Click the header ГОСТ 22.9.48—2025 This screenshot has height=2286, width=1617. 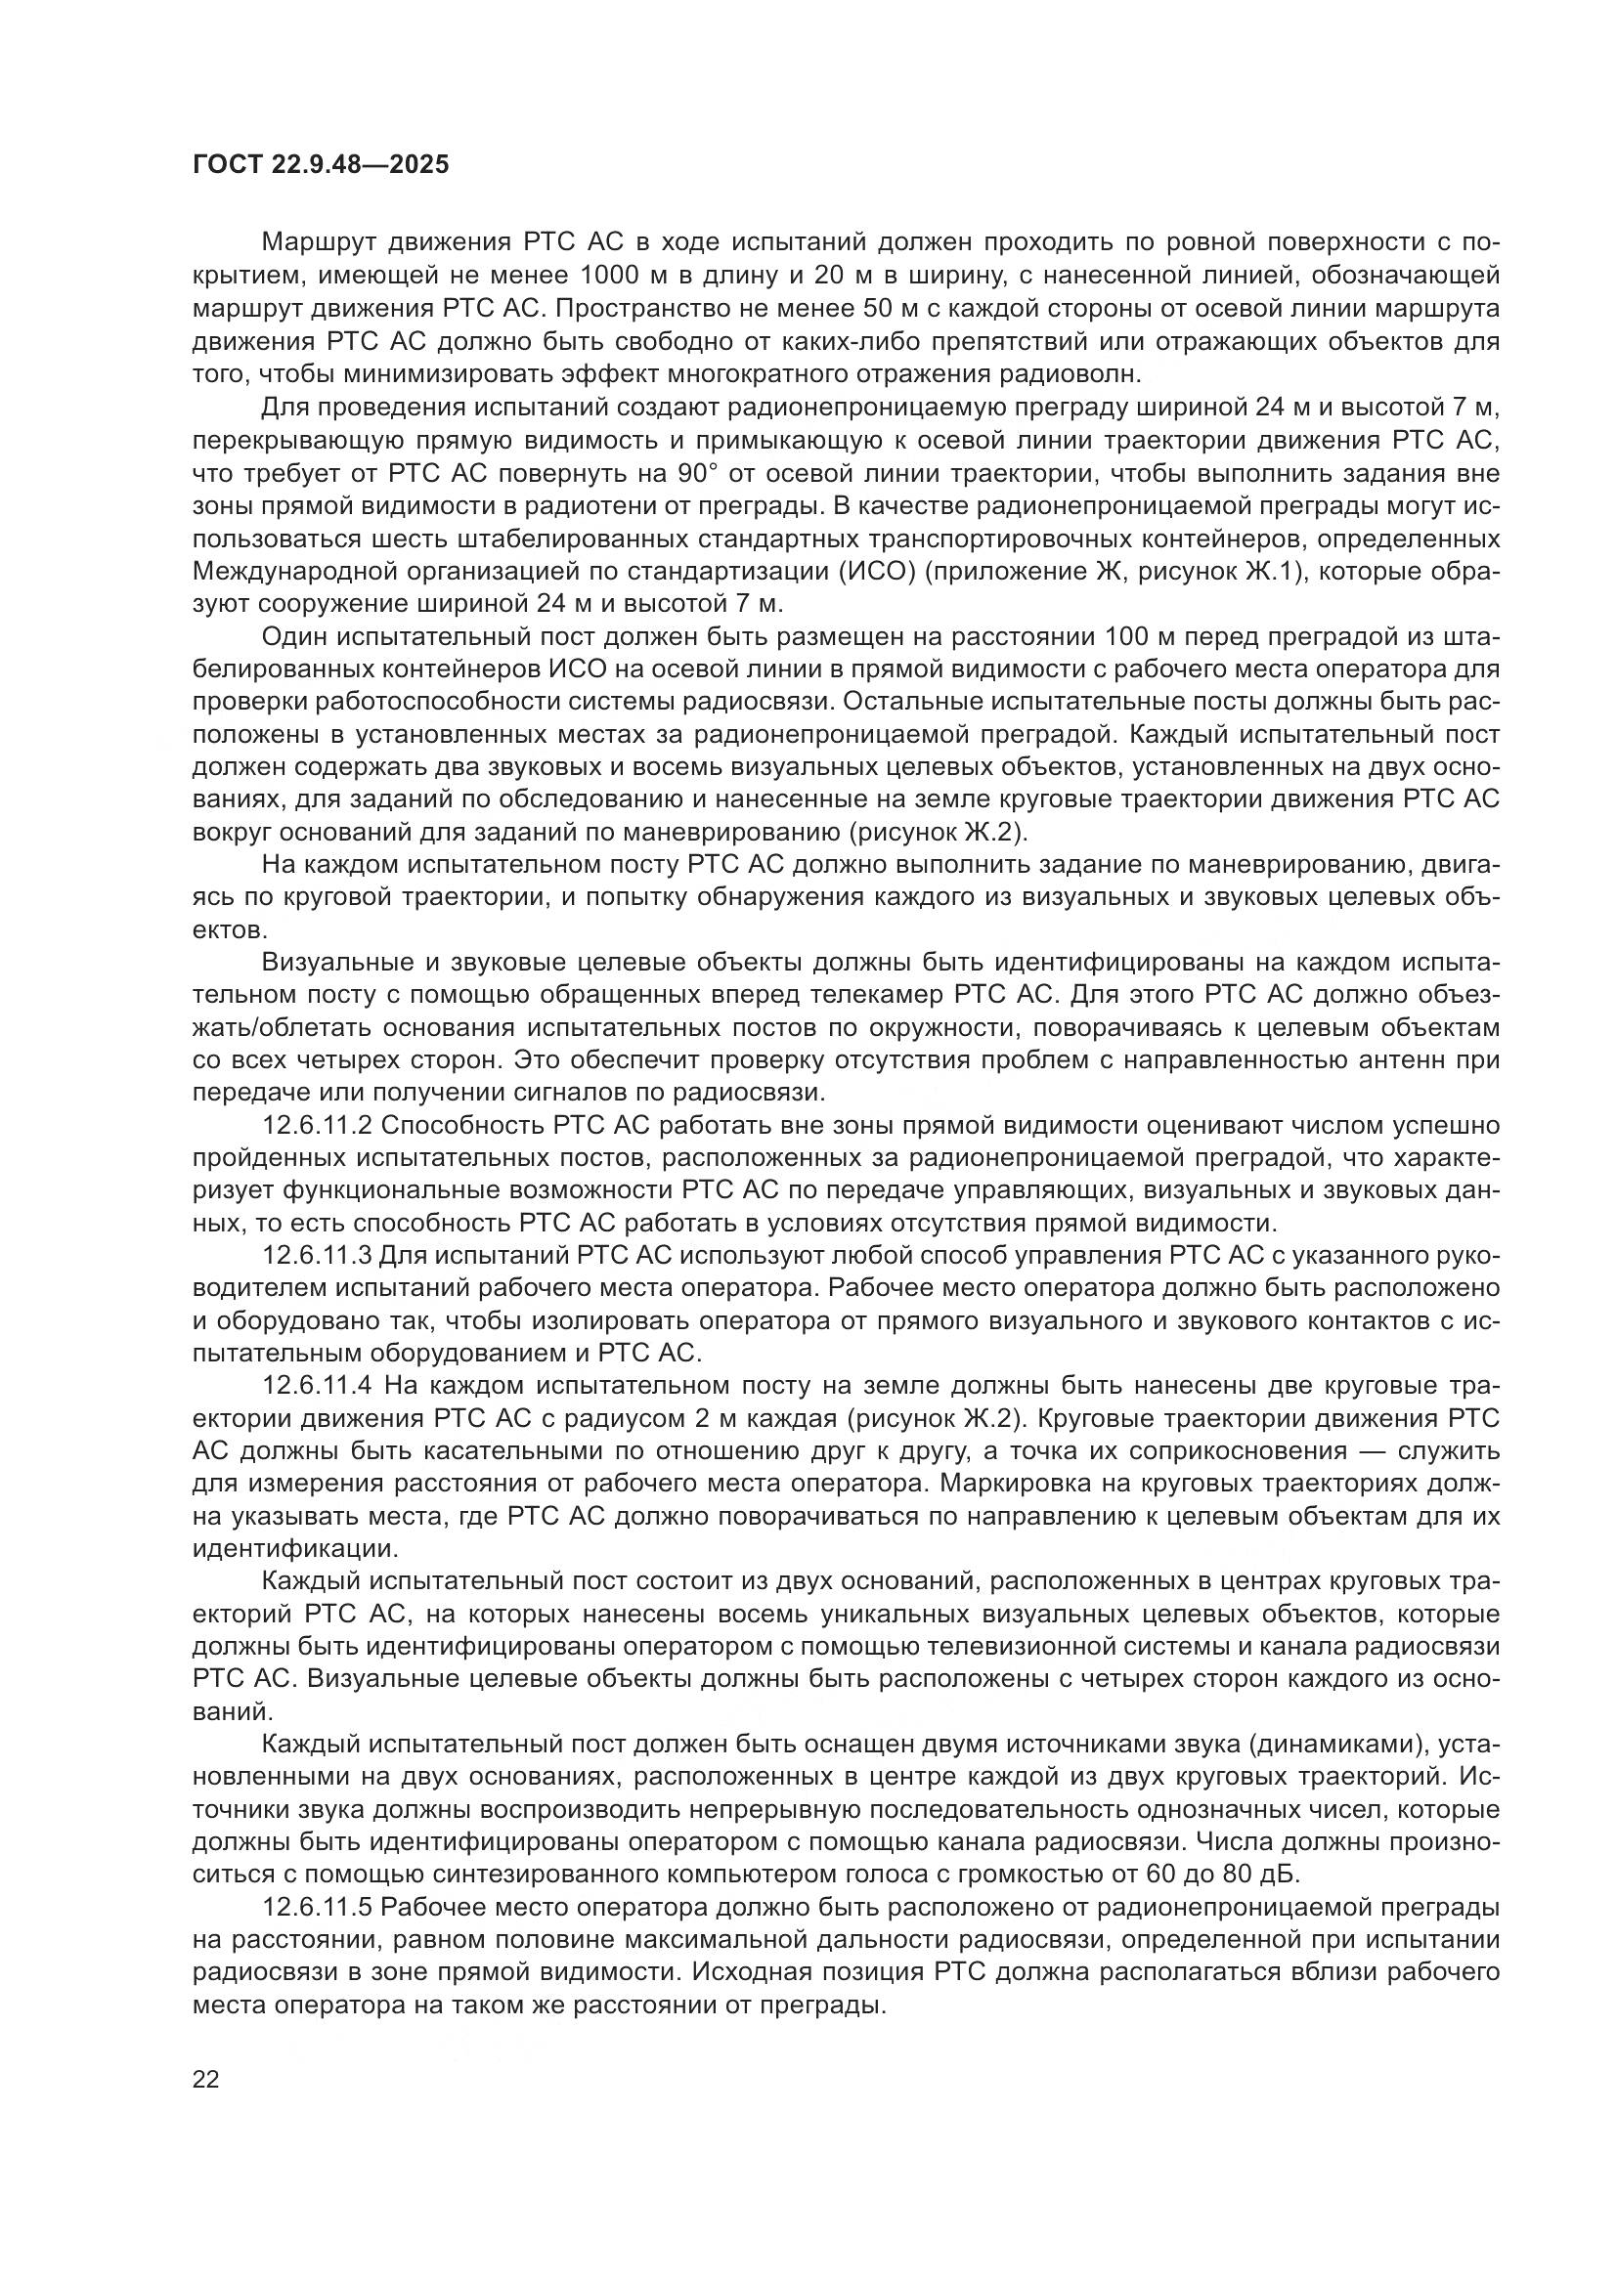pos(320,164)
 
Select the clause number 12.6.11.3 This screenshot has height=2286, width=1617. pos(317,1257)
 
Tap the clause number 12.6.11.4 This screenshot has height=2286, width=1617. pos(318,1386)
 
